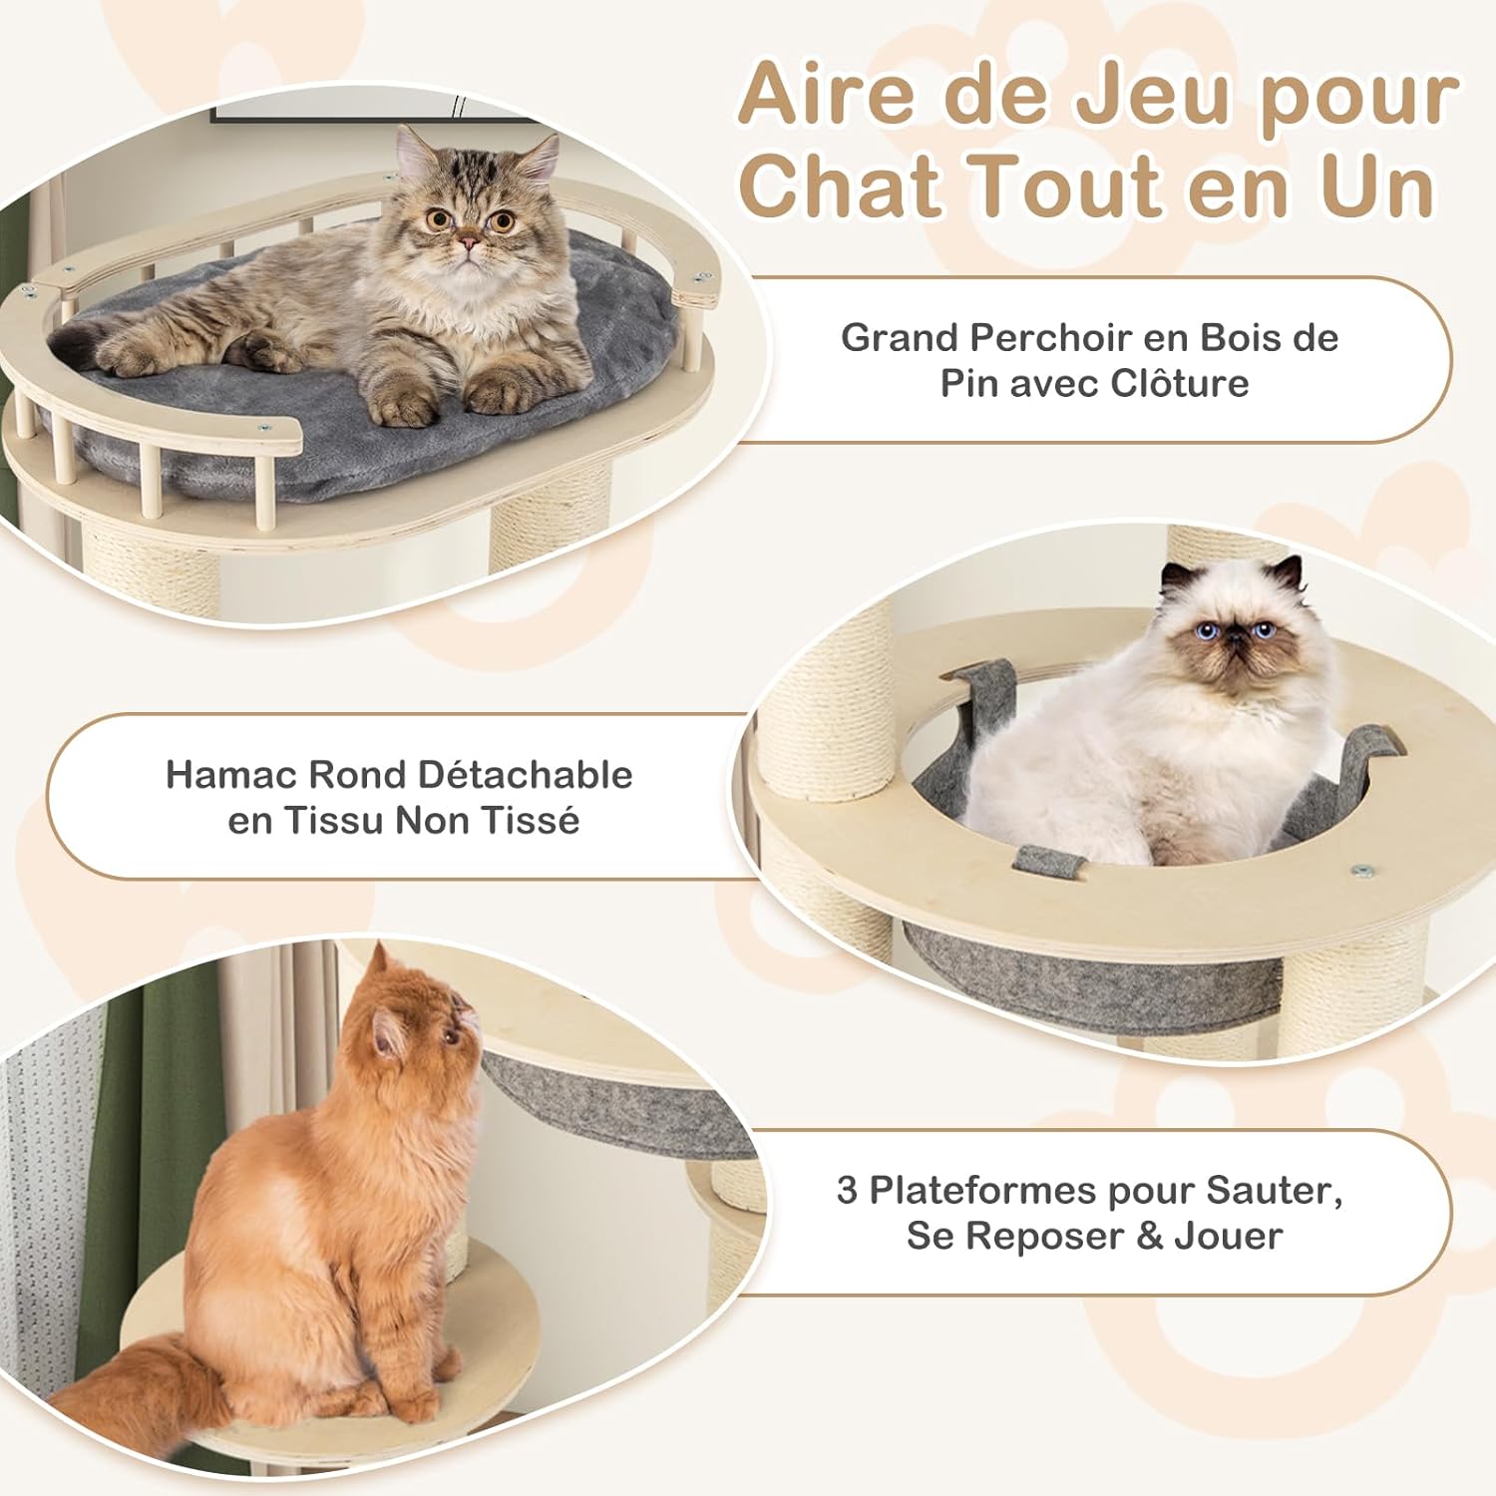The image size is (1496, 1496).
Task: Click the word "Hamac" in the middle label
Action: click(x=231, y=775)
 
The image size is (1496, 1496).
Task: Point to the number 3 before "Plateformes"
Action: click(x=847, y=1190)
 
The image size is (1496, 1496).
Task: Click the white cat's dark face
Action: click(x=1234, y=634)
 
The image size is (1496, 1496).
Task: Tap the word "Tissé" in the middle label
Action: click(x=534, y=821)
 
